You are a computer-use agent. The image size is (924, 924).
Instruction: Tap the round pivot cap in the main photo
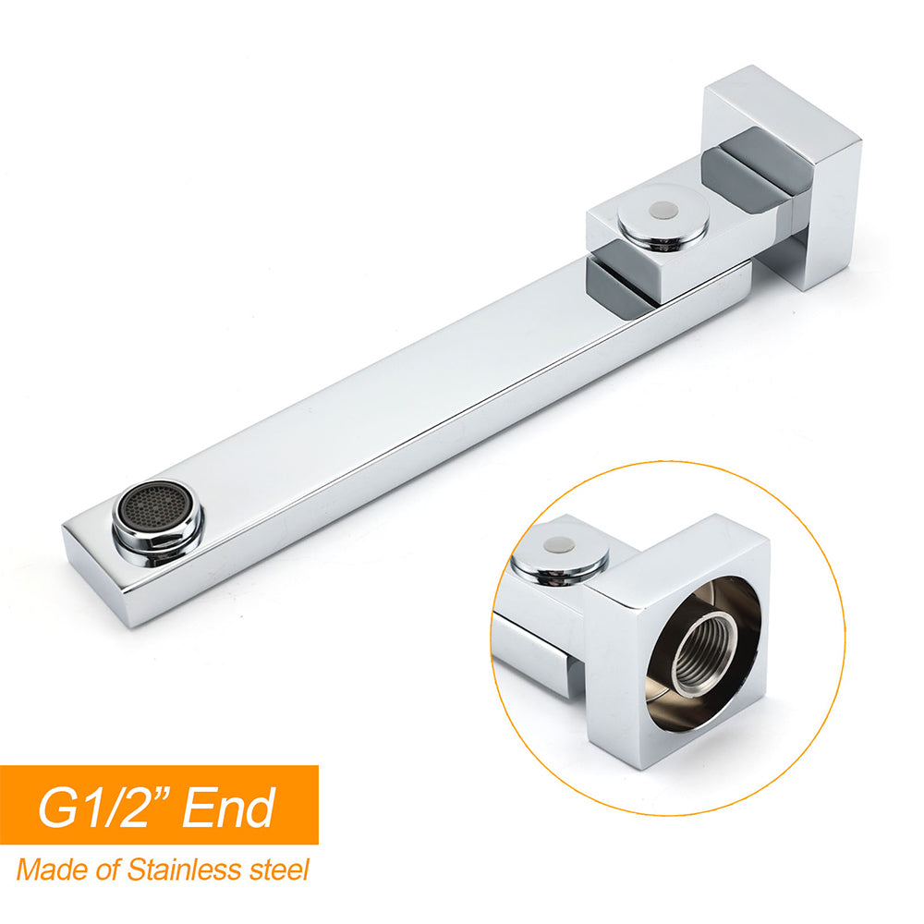[663, 214]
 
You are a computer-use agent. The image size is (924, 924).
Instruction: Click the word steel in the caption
[281, 869]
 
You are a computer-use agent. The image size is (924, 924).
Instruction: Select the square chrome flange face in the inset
[638, 702]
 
